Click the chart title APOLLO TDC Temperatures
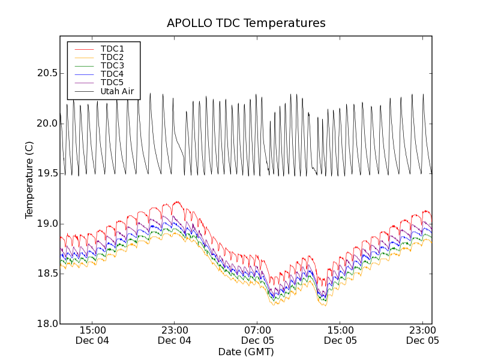click(x=246, y=23)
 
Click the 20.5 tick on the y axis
click(x=46, y=73)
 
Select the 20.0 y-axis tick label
click(x=46, y=124)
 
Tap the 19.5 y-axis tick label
click(x=46, y=173)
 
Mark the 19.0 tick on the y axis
click(x=46, y=224)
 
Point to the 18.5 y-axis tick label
click(x=46, y=274)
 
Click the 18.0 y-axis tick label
click(x=46, y=324)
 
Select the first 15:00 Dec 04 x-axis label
click(x=92, y=335)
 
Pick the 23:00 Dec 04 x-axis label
click(x=175, y=335)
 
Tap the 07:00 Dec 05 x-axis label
click(x=257, y=335)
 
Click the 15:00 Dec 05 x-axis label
click(x=340, y=335)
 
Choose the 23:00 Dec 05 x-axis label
click(x=422, y=335)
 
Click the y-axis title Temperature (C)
click(x=29, y=180)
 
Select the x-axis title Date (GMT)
click(x=246, y=352)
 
